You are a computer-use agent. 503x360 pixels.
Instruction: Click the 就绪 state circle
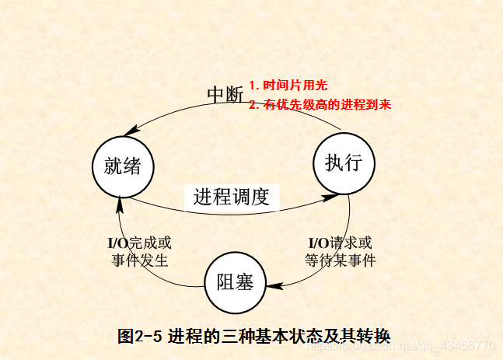coord(122,166)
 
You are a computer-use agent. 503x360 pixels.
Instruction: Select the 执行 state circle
coord(344,163)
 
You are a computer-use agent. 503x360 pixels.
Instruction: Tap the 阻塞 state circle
coord(234,281)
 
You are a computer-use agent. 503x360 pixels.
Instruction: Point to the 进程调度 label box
coord(231,196)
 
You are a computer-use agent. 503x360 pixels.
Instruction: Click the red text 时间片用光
coord(288,86)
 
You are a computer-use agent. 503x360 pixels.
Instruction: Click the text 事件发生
coord(140,260)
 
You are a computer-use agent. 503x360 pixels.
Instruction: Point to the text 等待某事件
coord(340,260)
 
